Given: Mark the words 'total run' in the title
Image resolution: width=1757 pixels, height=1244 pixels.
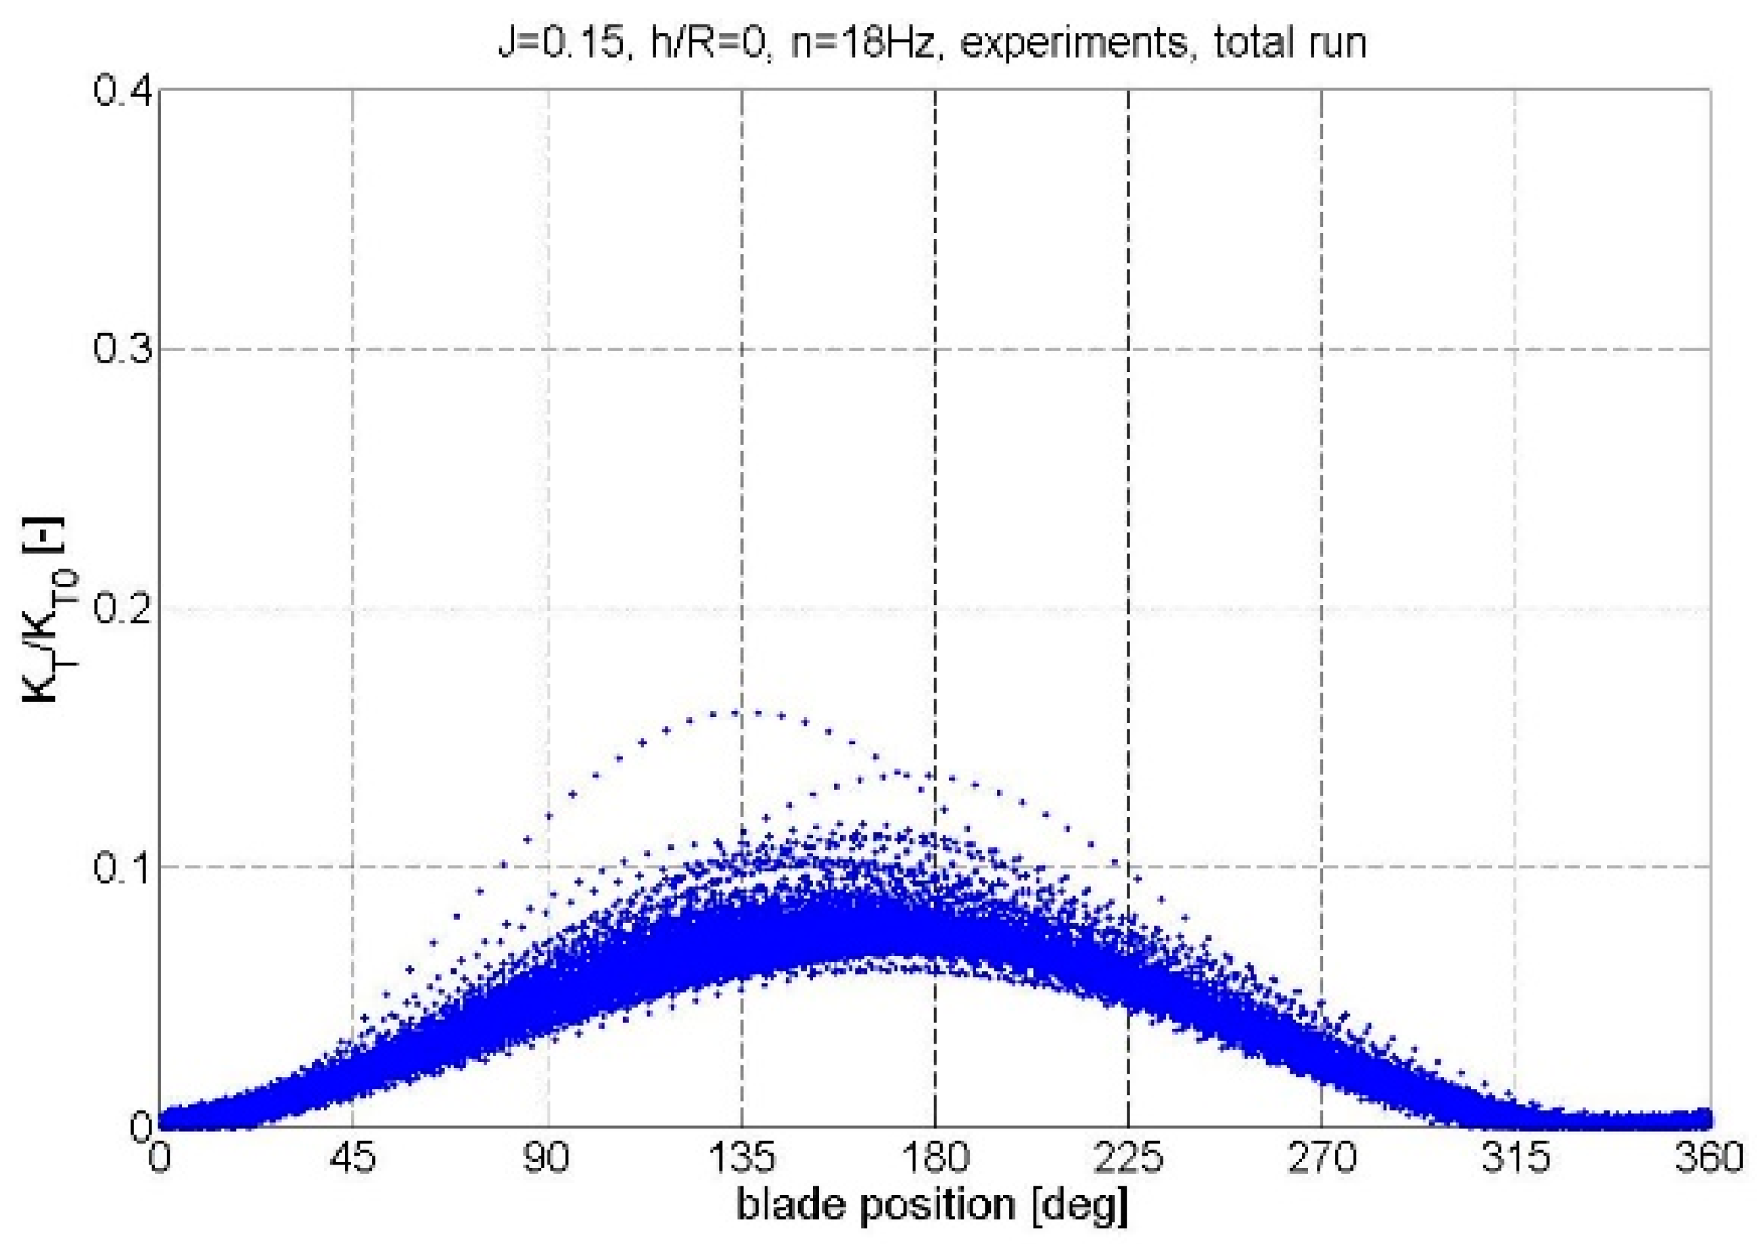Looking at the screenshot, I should (x=1290, y=42).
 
